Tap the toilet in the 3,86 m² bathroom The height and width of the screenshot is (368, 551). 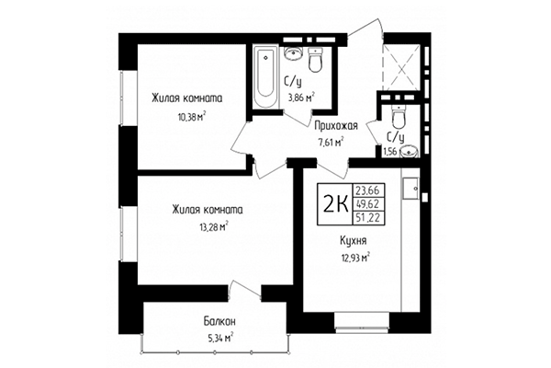tap(315, 61)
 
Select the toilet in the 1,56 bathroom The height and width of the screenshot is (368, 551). tap(398, 120)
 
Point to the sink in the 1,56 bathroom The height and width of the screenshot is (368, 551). tap(409, 149)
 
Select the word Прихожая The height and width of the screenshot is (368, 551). tap(335, 126)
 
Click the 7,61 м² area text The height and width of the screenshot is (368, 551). tap(330, 142)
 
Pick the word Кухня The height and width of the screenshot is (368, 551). tap(353, 241)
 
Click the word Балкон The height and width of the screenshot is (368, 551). tap(220, 321)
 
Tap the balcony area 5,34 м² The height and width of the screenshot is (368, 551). tap(218, 337)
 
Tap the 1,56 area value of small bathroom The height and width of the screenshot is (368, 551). tap(389, 152)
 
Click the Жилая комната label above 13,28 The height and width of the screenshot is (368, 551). tap(207, 210)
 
